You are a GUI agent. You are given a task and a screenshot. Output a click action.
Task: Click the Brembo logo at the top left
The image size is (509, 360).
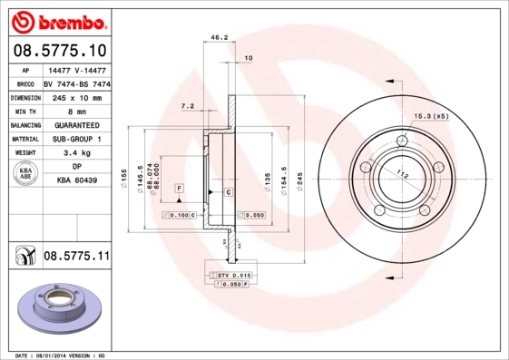click(x=58, y=21)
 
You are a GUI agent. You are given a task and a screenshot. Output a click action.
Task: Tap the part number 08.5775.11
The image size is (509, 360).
click(x=76, y=258)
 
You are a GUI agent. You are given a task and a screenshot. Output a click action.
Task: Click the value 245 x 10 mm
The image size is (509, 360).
click(x=76, y=97)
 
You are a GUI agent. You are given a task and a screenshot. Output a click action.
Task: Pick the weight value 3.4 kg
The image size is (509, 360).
click(x=76, y=153)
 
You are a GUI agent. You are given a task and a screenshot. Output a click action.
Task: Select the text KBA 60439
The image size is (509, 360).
click(x=76, y=180)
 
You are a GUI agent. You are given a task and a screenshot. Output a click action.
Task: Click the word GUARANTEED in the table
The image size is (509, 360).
click(x=76, y=125)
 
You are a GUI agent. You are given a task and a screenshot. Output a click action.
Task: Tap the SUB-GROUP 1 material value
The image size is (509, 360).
click(x=76, y=139)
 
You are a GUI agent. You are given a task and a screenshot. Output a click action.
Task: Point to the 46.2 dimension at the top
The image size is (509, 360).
click(x=218, y=38)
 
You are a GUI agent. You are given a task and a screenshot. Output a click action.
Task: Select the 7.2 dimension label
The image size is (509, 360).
click(x=188, y=106)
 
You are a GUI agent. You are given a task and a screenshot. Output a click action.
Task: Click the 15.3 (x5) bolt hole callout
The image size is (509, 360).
click(x=432, y=117)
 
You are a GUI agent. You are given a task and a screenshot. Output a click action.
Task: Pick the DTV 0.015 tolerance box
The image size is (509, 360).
click(x=233, y=273)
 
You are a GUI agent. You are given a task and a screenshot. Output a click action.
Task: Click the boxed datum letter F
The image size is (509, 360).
click(x=179, y=187)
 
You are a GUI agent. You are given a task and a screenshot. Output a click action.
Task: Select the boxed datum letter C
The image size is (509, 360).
click(x=228, y=193)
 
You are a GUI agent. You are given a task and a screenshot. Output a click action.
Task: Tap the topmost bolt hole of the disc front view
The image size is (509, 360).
click(x=401, y=141)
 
